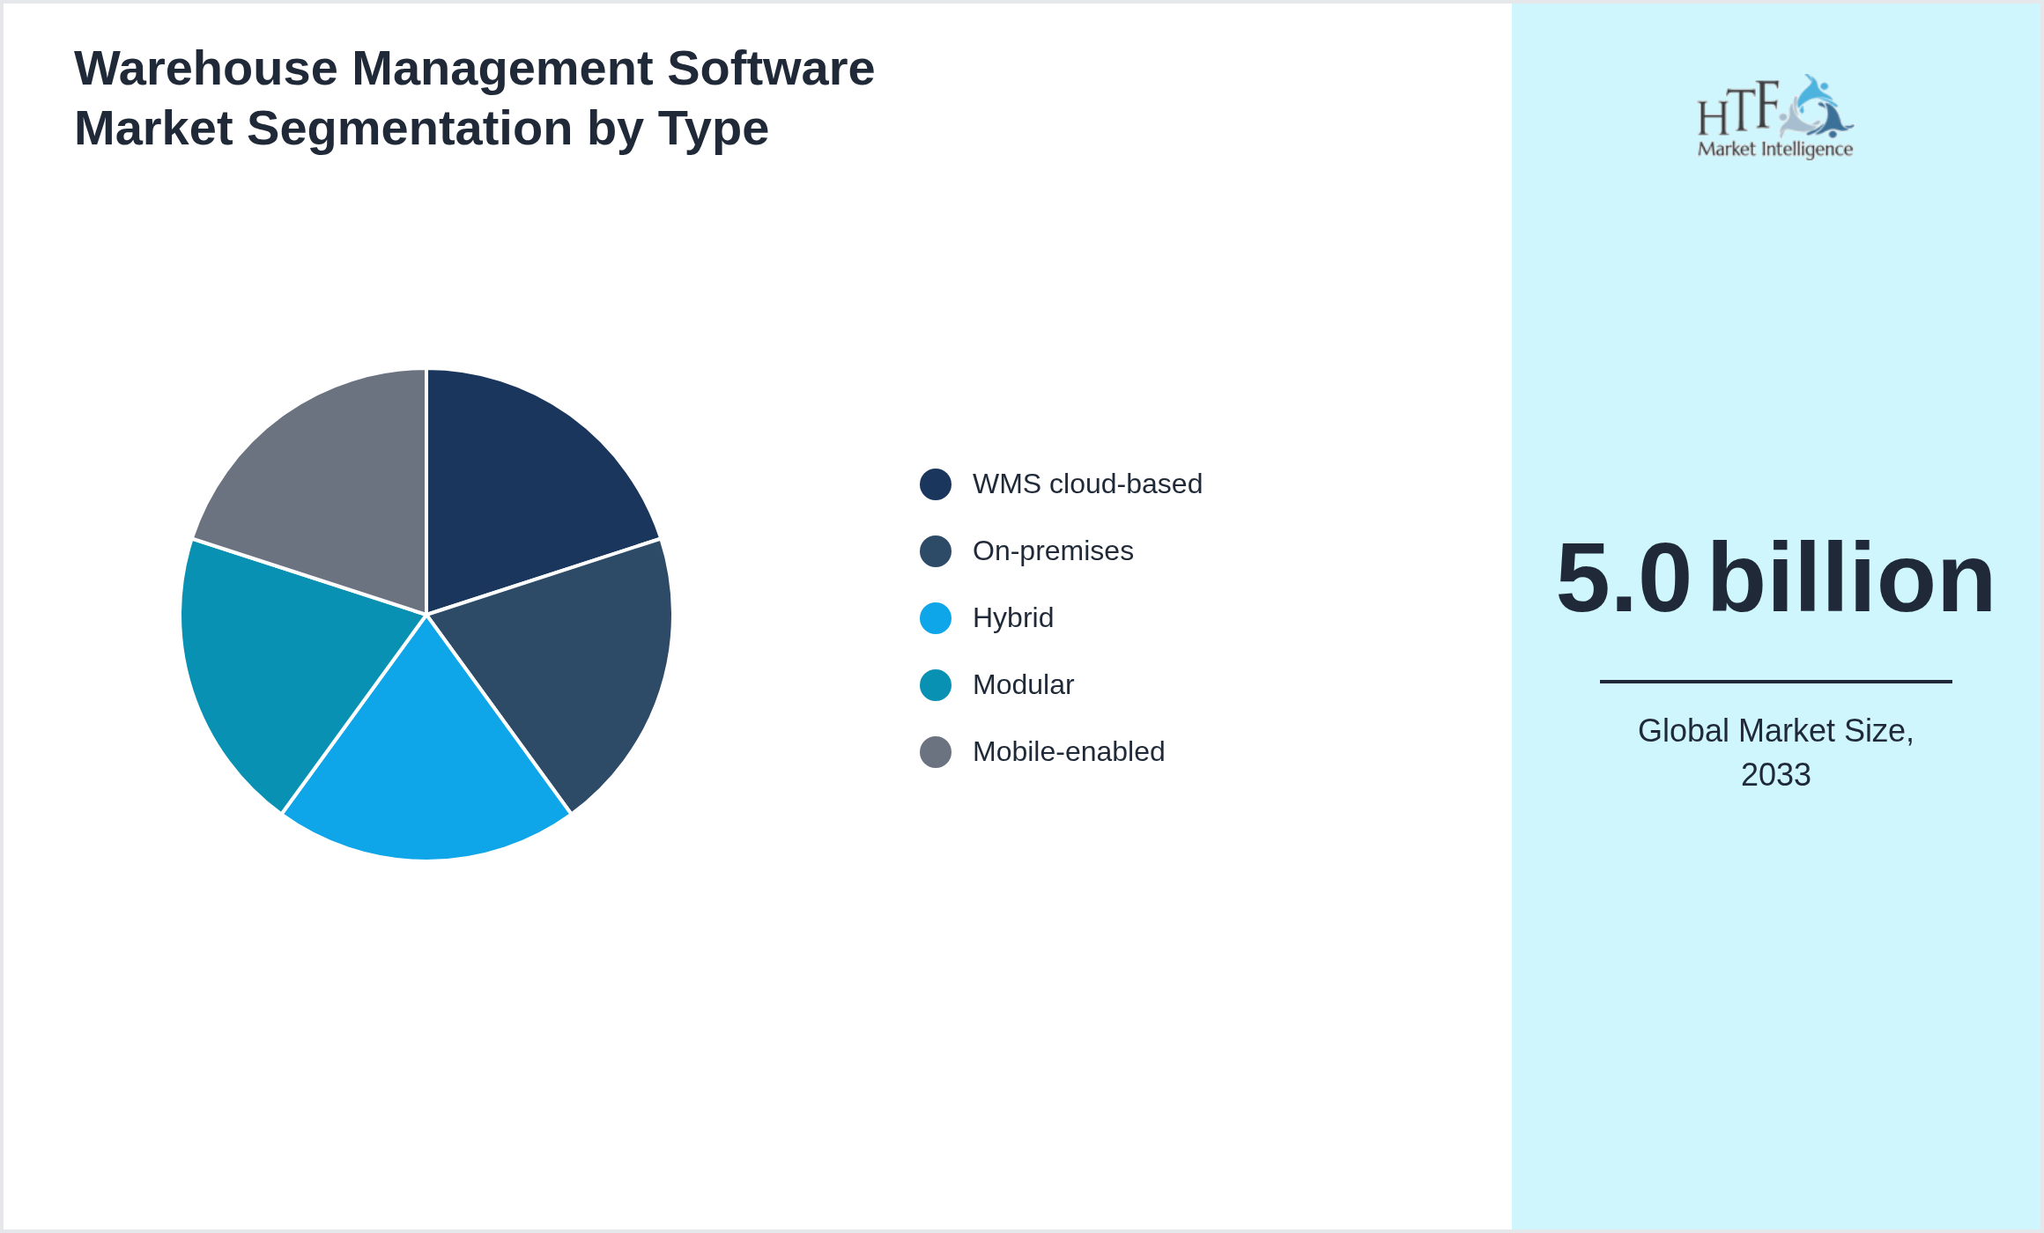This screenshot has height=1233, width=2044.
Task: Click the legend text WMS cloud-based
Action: [x=1086, y=484]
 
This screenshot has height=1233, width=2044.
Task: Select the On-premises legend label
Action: [x=1052, y=551]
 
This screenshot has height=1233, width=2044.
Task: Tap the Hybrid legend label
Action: [x=1012, y=618]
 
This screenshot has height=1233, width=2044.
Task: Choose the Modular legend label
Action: [x=1022, y=685]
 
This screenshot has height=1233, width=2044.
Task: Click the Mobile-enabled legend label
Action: [x=1068, y=752]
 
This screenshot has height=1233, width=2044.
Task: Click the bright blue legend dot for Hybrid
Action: [x=935, y=618]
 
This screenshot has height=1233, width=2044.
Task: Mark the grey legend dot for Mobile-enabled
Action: [x=935, y=752]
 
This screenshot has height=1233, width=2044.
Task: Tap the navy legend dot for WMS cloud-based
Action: [x=935, y=484]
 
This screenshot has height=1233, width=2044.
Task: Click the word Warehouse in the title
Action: [x=205, y=69]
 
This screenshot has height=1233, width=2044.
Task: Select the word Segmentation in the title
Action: [x=410, y=129]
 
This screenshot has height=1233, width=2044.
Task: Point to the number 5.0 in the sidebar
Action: [x=1623, y=579]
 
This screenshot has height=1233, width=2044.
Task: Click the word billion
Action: [x=1851, y=579]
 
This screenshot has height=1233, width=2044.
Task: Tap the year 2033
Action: [x=1775, y=775]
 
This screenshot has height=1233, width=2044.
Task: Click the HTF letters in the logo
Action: [x=1737, y=110]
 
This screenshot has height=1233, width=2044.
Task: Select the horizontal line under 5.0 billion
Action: [x=1775, y=681]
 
